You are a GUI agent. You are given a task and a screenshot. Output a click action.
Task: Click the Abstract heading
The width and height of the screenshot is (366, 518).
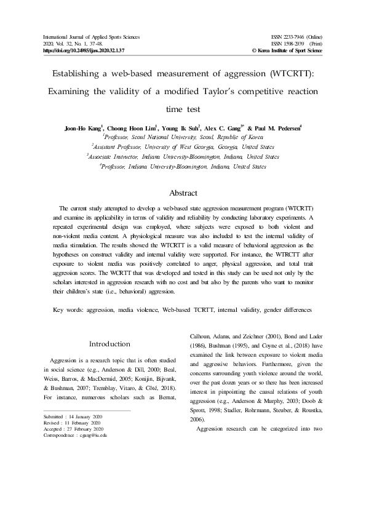[x=183, y=192]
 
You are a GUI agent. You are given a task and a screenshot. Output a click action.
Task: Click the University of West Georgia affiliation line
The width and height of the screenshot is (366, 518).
[x=183, y=147]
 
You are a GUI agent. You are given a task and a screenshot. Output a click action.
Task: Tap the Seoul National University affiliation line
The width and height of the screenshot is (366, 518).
[x=183, y=137]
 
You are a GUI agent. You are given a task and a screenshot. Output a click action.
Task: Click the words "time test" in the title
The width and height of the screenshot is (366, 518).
[x=183, y=109]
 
